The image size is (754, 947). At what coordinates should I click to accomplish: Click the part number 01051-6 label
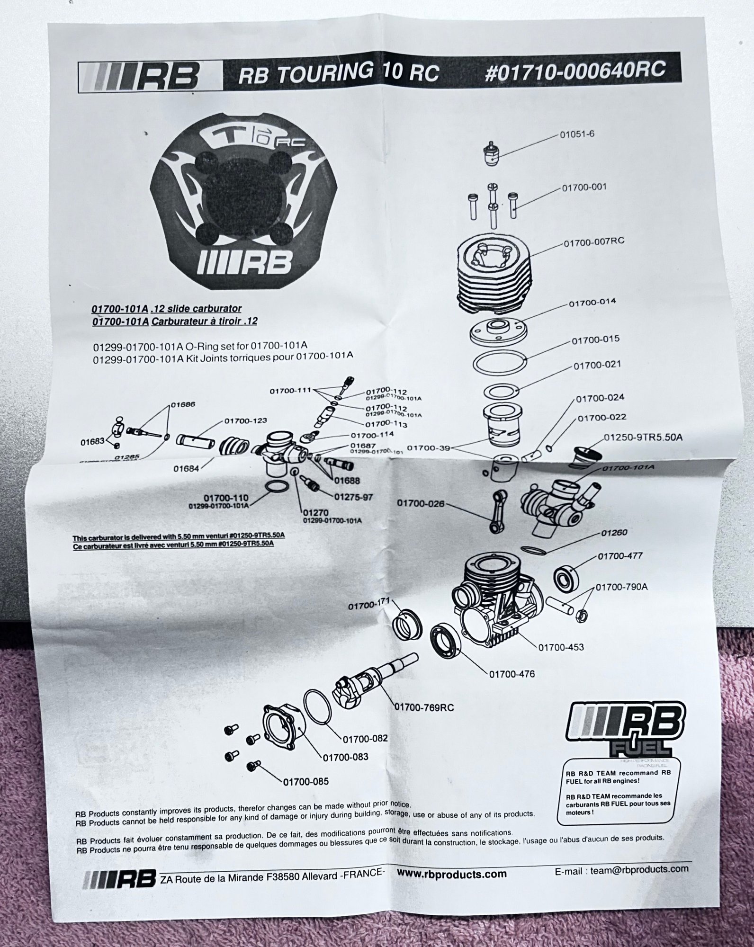(577, 134)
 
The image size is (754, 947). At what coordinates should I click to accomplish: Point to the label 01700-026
(421, 504)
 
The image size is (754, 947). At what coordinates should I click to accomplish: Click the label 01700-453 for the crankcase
(561, 647)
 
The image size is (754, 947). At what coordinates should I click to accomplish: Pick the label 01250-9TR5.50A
(643, 437)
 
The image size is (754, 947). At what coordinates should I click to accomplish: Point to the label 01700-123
(245, 420)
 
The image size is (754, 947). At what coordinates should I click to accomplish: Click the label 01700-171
(368, 604)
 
